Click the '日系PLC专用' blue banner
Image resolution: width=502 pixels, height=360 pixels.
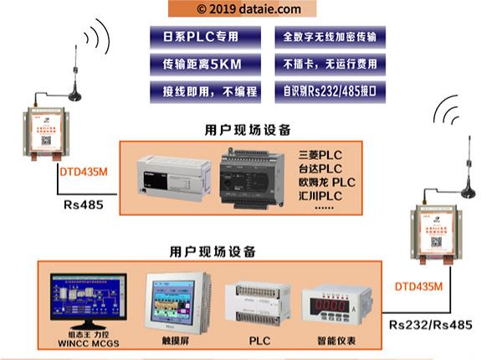200,37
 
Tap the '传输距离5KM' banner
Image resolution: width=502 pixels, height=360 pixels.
200,64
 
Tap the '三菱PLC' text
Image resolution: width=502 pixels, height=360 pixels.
320,155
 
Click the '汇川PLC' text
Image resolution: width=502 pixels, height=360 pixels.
320,195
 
